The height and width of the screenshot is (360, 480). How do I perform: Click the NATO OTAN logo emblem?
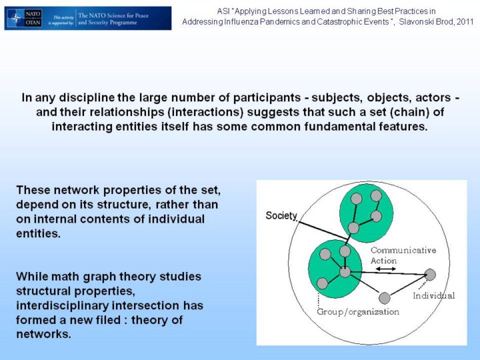pos(24,19)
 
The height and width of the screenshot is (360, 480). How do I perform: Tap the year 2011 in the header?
pos(465,22)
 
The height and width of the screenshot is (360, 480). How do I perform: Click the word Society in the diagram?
pos(281,215)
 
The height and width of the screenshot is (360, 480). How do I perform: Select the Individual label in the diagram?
pos(434,295)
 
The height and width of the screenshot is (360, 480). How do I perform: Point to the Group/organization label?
pos(358,312)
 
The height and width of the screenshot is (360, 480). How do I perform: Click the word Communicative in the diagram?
pos(403,250)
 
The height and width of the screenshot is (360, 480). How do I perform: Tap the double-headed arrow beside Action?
pos(386,269)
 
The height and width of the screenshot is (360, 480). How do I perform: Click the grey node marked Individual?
pos(430,275)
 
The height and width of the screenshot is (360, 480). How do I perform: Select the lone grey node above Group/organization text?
pos(385,298)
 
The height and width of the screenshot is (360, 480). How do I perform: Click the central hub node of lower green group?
pos(345,272)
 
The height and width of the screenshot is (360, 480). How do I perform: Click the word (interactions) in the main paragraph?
pos(205,112)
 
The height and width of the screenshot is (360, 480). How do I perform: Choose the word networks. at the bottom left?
pos(43,334)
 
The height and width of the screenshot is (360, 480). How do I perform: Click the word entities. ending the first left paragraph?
pos(38,233)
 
